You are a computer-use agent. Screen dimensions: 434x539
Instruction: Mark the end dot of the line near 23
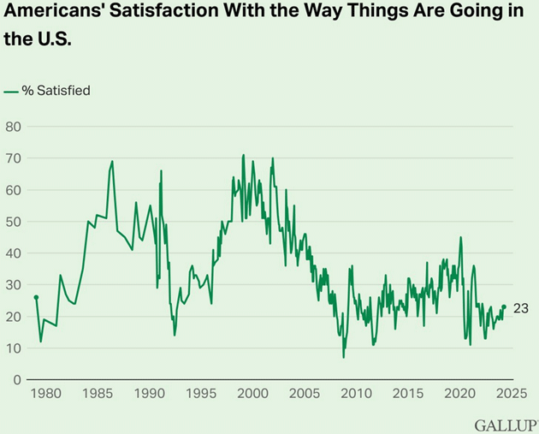pos(504,307)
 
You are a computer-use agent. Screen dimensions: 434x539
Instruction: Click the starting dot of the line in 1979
pos(36,297)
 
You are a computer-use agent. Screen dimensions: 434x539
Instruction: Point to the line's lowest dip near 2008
pos(344,357)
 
